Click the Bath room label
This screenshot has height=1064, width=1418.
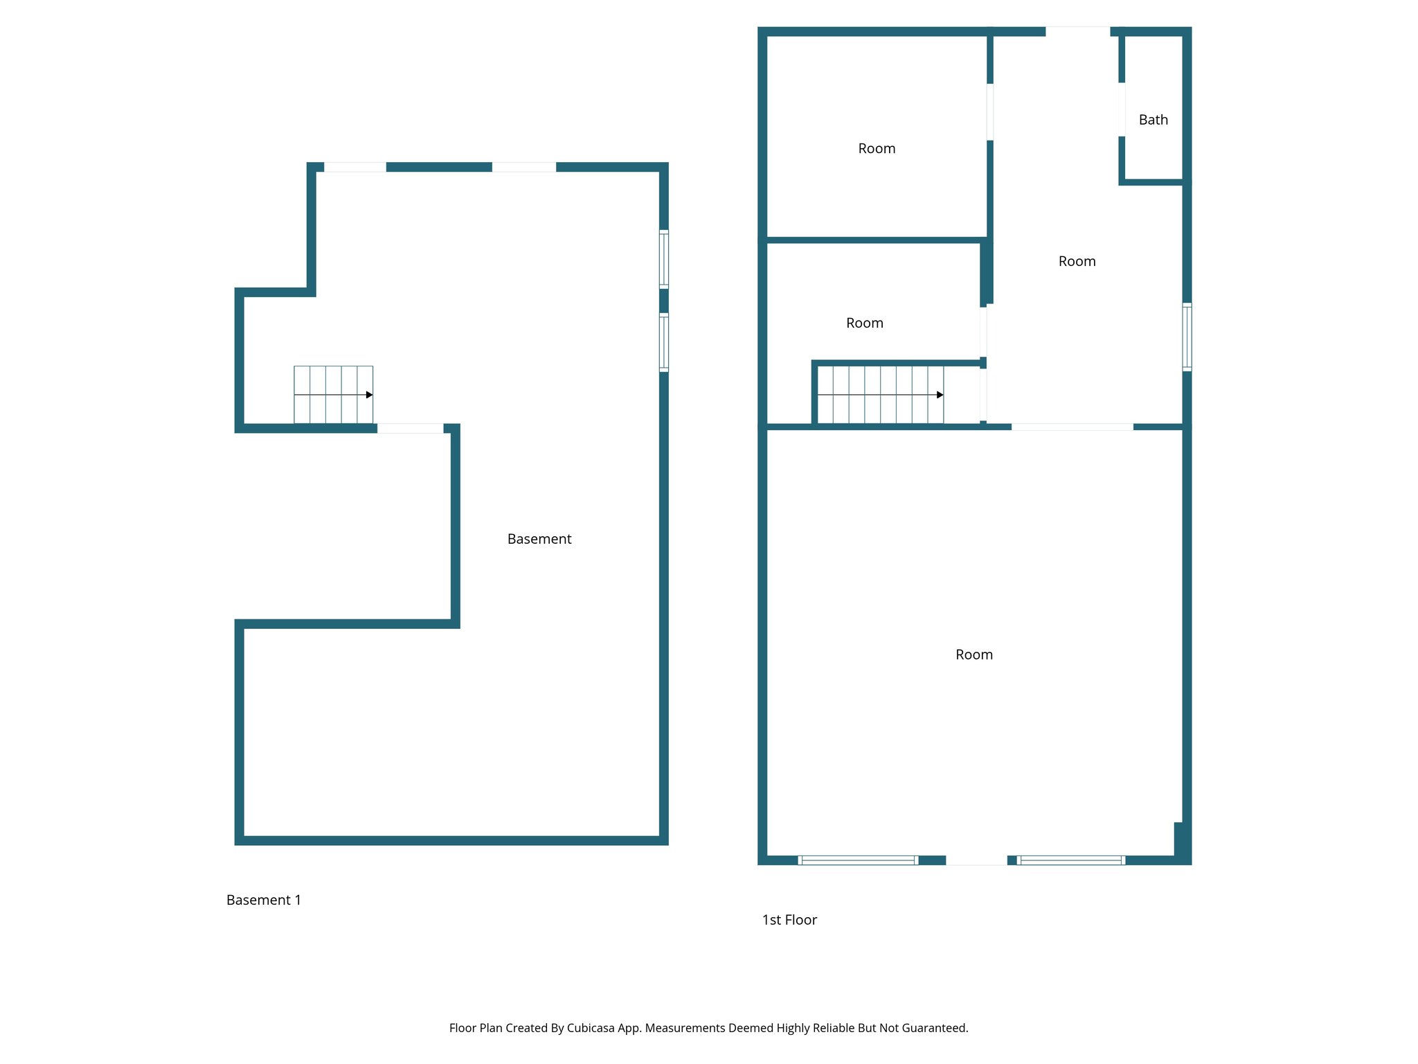1153,120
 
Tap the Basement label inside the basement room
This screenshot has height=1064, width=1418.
539,539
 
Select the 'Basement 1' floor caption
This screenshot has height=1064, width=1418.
263,900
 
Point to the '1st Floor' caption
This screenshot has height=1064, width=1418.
789,920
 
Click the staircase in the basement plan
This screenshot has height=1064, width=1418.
333,394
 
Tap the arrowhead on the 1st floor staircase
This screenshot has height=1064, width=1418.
940,395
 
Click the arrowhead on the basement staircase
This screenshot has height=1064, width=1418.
369,395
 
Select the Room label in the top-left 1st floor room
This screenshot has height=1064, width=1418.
877,148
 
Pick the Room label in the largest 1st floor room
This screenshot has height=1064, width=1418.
973,655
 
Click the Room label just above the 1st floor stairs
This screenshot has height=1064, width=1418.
864,323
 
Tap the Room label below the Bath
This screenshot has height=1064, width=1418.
1077,261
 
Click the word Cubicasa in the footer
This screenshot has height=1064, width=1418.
590,1028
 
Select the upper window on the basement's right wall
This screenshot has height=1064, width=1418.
663,259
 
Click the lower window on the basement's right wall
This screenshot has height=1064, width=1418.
663,342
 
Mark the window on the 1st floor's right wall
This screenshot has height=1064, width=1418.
1186,337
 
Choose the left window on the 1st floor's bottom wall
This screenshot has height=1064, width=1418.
858,860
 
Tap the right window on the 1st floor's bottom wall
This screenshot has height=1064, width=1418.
1070,860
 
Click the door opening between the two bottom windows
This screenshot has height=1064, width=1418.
976,860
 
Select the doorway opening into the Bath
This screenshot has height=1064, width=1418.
1121,109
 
